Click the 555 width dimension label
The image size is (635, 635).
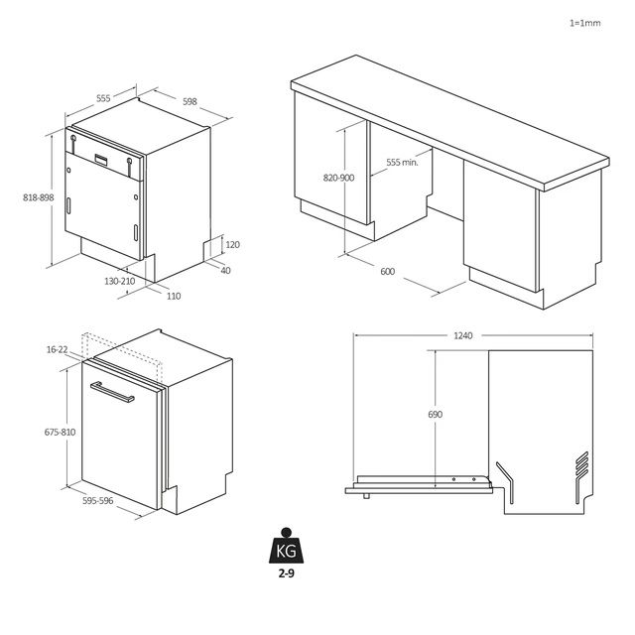pyautogui.click(x=103, y=99)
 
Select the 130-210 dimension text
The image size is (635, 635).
pyautogui.click(x=120, y=282)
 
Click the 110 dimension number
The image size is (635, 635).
pyautogui.click(x=173, y=296)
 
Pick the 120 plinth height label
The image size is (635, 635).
pyautogui.click(x=233, y=245)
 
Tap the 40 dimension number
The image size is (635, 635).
pyautogui.click(x=225, y=270)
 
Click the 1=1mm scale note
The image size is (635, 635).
pyautogui.click(x=585, y=22)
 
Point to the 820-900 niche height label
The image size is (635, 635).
pyautogui.click(x=338, y=178)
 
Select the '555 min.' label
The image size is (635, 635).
pyautogui.click(x=402, y=162)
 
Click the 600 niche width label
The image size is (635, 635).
pyautogui.click(x=387, y=271)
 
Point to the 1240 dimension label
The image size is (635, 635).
pyautogui.click(x=464, y=335)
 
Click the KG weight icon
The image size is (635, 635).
pyautogui.click(x=286, y=548)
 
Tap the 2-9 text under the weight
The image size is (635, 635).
pyautogui.click(x=286, y=573)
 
